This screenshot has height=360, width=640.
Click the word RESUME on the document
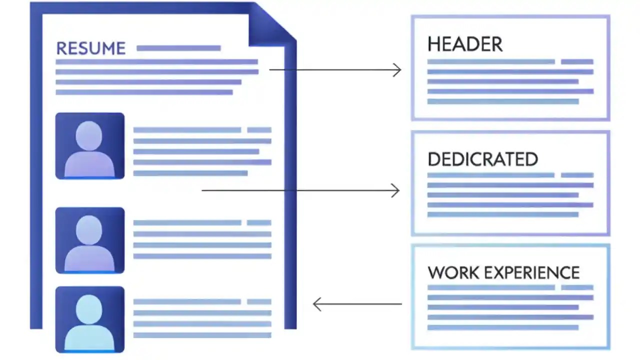(x=90, y=48)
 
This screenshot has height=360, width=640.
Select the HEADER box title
(x=464, y=44)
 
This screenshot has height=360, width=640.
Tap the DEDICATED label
(x=482, y=159)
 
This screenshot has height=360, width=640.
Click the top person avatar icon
(x=89, y=146)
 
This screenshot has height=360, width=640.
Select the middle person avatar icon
(x=89, y=240)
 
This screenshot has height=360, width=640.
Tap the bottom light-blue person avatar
(x=89, y=319)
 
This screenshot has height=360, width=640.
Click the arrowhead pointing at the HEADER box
(x=397, y=70)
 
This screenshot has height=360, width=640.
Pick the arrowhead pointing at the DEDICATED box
(x=395, y=190)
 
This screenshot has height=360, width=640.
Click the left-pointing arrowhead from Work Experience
(x=317, y=304)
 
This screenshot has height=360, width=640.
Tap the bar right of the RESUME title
(x=178, y=48)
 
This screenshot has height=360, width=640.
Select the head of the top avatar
(x=89, y=134)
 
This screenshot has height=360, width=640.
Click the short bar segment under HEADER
(x=577, y=62)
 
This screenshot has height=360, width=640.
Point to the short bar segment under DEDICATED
(x=577, y=175)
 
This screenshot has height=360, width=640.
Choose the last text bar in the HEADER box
(x=502, y=101)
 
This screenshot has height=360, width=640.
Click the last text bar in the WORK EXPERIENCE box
(x=502, y=327)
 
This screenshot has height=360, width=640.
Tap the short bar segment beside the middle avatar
(x=259, y=223)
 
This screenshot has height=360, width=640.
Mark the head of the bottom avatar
(x=89, y=308)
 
